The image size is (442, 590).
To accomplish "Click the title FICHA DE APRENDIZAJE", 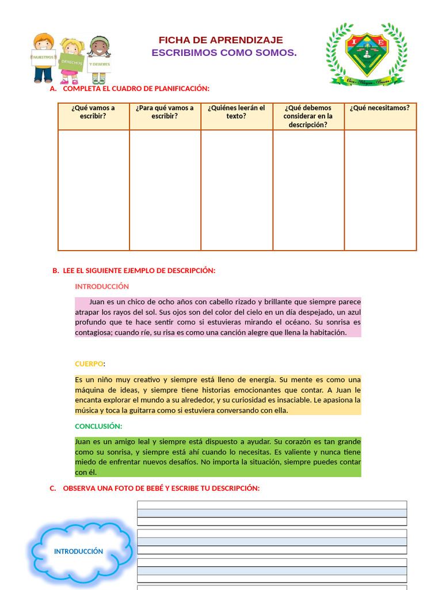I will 220,40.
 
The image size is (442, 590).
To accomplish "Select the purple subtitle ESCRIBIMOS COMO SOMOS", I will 224,53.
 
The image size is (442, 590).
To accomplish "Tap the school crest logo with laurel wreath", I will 366,54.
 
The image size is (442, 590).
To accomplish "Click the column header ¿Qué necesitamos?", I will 380,108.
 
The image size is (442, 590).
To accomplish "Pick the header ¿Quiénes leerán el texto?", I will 237,112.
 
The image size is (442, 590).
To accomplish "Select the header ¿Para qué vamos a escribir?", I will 165,112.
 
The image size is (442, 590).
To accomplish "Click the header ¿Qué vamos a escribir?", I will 93,112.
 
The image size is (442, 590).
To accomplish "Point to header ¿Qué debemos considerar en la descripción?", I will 308,116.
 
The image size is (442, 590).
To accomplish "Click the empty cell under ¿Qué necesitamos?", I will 380,190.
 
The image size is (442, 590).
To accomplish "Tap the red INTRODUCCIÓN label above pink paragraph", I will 102,286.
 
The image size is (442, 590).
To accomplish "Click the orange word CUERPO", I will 89,364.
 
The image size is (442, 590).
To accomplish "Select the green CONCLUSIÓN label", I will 98,426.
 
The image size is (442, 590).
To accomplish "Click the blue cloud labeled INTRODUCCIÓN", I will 78,551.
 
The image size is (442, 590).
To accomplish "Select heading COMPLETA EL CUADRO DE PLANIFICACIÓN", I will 136,88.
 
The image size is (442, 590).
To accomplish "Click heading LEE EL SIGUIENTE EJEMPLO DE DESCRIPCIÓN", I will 139,270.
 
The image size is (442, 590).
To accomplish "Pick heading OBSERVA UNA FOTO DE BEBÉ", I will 161,488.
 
